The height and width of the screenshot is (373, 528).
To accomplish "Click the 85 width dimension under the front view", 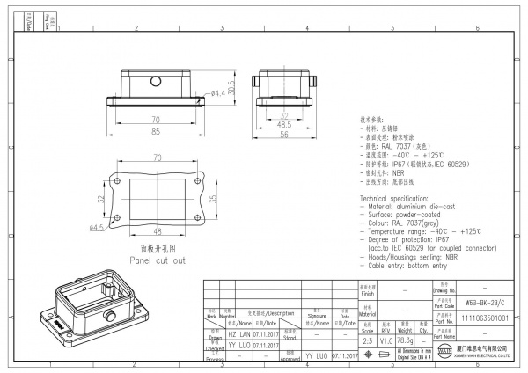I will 155,132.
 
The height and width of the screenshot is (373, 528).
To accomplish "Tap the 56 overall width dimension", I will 285,135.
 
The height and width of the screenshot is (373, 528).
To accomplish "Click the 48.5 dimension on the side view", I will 285,125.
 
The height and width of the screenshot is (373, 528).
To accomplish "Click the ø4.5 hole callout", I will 97,227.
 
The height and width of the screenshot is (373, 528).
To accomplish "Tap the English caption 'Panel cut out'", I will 158,261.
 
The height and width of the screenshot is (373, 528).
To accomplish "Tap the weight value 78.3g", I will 406,340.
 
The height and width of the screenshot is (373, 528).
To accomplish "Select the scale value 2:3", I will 368,340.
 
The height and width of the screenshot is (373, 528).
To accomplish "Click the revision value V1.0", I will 385,340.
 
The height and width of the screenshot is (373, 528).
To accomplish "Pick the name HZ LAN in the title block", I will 238,334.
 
